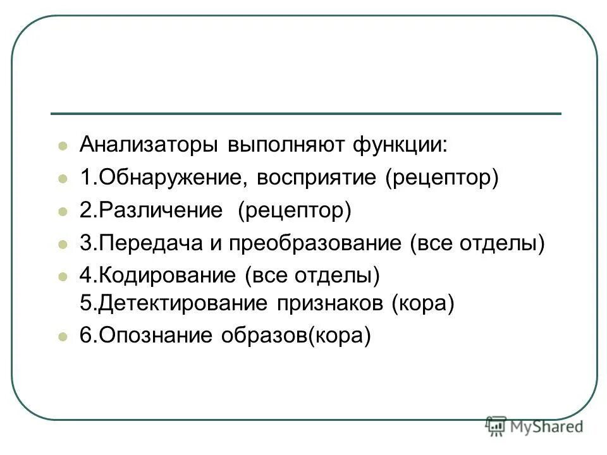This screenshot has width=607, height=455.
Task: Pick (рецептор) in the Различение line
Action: [294, 210]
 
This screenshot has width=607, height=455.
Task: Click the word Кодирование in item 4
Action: [164, 276]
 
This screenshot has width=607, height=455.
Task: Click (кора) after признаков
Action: [423, 303]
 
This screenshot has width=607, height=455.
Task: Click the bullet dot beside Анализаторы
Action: [63, 146]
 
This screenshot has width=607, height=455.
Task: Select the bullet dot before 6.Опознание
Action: [63, 337]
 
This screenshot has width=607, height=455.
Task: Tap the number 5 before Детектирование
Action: [85, 303]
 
